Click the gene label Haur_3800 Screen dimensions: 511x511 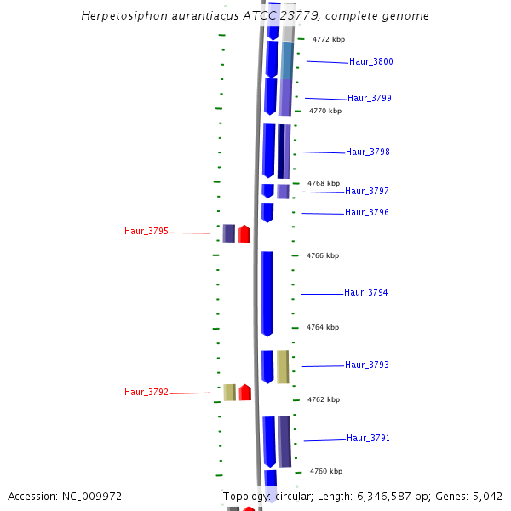pyautogui.click(x=371, y=62)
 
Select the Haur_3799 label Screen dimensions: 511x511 pyautogui.click(x=370, y=99)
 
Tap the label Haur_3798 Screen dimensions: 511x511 pyautogui.click(x=368, y=152)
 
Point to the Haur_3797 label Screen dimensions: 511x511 pyautogui.click(x=367, y=192)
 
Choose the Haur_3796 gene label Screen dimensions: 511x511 pyautogui.click(x=367, y=213)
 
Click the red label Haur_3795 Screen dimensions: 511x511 pyautogui.click(x=146, y=232)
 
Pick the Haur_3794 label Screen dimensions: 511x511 pyautogui.click(x=366, y=293)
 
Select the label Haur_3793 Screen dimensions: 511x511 pyautogui.click(x=367, y=365)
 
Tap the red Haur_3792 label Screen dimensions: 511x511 pyautogui.click(x=146, y=393)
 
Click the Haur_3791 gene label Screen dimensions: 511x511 pyautogui.click(x=369, y=439)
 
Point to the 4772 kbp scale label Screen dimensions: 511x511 pyautogui.click(x=329, y=40)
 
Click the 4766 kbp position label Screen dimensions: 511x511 pyautogui.click(x=323, y=255)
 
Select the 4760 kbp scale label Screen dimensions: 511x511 pyautogui.click(x=326, y=472)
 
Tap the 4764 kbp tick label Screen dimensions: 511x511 pyautogui.click(x=323, y=328)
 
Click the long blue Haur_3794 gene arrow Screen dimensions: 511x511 pyautogui.click(x=267, y=293)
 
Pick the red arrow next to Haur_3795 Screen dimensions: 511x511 pyautogui.click(x=244, y=233)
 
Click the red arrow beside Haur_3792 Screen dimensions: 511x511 pyautogui.click(x=244, y=392)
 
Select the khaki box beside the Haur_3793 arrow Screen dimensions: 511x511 pyautogui.click(x=282, y=366)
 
